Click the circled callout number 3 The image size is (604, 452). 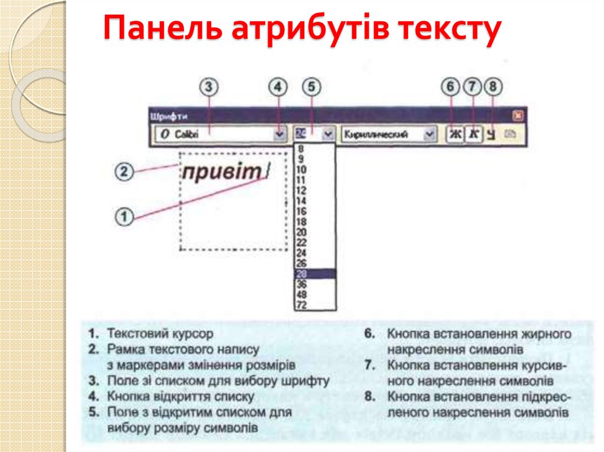pos(209,87)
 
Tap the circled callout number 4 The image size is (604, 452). pos(278,87)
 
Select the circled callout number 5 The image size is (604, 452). pos(311,87)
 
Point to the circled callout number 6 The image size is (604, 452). pos(451,87)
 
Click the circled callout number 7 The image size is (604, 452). pos(472,87)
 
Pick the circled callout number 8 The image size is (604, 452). pos(493,87)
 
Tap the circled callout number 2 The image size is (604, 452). pos(123,173)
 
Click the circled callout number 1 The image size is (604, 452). pos(123,216)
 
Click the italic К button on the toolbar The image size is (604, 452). pos(472,134)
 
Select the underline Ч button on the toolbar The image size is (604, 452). pos(491,135)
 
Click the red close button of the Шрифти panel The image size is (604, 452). pos(518,116)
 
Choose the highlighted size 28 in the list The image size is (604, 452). pos(315,274)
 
